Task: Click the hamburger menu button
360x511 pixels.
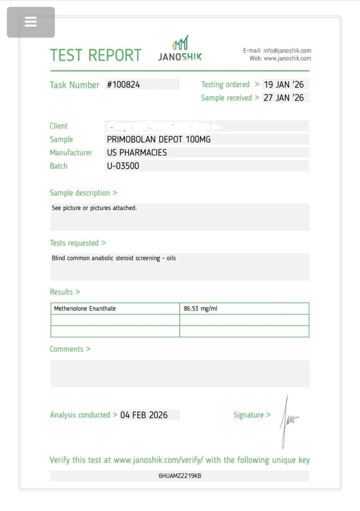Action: point(31,22)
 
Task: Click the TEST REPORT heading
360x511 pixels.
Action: point(95,55)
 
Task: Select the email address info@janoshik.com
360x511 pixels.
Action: point(287,51)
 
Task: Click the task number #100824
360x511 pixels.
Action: point(123,85)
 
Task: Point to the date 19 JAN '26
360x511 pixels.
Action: point(284,85)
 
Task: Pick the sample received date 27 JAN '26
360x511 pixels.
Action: point(284,98)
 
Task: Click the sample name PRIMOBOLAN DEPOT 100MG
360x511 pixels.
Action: point(159,139)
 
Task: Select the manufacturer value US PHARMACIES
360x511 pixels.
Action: point(137,153)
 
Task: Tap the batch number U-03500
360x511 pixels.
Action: point(123,166)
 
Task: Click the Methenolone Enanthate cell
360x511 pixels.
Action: point(85,309)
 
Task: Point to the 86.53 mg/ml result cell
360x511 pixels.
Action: point(201,309)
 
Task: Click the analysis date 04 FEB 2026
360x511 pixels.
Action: point(144,415)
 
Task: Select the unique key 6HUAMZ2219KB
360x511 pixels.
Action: point(180,476)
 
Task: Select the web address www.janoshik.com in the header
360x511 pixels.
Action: point(287,58)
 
